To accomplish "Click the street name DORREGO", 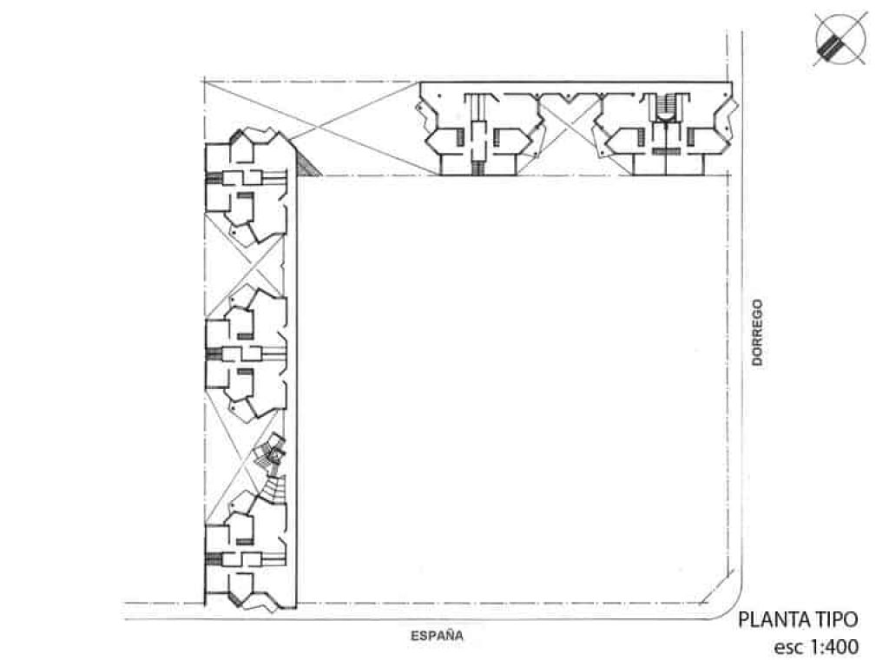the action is [x=757, y=333].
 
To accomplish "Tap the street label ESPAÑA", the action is [x=438, y=636].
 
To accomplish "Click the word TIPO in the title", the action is [x=837, y=619].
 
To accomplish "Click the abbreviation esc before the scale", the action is [x=788, y=648].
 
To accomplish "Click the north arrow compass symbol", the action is [x=840, y=40].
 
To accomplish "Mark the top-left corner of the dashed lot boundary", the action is [x=203, y=81].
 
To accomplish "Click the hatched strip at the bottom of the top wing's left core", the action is [x=477, y=168].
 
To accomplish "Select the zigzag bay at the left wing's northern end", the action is [x=254, y=136].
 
